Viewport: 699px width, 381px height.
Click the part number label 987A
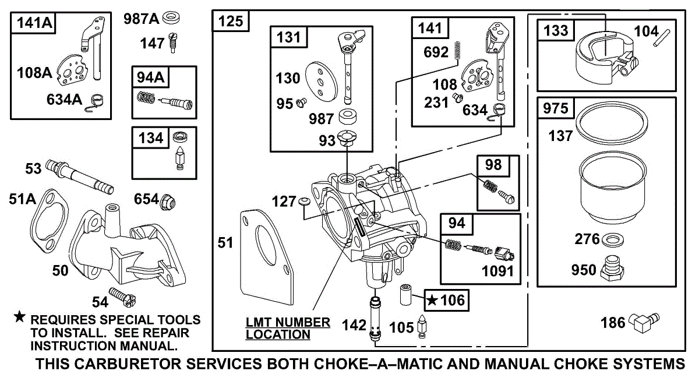142,19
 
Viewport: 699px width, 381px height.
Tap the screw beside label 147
172,43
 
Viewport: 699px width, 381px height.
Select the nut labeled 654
168,202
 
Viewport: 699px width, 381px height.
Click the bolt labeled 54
122,297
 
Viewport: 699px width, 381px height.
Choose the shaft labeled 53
80,177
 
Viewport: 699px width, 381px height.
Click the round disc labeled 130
322,82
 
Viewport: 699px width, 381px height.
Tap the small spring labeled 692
457,50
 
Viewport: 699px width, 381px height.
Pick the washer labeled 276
612,239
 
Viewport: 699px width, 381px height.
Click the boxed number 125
231,21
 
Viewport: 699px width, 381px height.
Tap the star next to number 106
432,301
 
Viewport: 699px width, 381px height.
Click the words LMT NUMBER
288,323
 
